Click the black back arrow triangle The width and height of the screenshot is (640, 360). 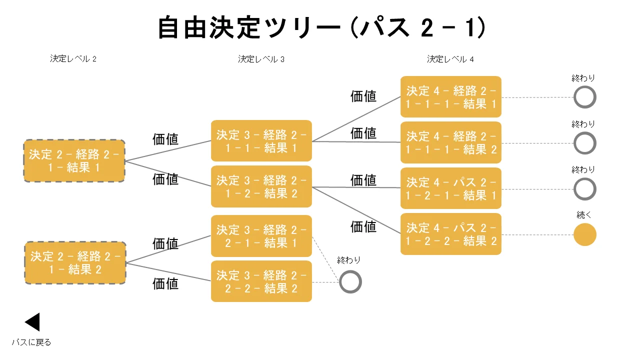point(32,322)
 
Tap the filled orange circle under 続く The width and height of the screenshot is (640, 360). point(585,234)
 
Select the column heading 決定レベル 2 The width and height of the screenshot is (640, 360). point(73,58)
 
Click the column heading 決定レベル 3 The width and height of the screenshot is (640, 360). point(261,59)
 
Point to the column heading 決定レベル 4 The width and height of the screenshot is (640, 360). point(450,59)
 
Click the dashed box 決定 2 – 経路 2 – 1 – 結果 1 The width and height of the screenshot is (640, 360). point(74,161)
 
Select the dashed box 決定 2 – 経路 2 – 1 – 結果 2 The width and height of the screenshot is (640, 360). point(75,263)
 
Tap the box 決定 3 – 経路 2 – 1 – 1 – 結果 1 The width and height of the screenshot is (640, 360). point(261,141)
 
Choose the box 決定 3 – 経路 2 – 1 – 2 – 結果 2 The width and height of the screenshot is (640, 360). point(261,186)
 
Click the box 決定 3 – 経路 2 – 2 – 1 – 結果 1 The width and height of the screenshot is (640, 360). point(261,236)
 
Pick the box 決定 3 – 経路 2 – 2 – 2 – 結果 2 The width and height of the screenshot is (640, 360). point(261,281)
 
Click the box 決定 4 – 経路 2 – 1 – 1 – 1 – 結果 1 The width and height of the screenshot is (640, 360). point(451,97)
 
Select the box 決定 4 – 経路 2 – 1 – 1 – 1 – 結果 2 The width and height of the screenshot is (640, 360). point(451,142)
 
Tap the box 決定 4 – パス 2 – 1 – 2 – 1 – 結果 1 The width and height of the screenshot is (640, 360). point(451,188)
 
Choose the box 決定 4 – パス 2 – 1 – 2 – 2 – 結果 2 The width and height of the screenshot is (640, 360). point(451,234)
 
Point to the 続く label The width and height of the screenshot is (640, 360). point(583,214)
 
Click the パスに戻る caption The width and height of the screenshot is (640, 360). point(31,342)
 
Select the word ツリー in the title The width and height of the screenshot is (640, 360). point(302,27)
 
